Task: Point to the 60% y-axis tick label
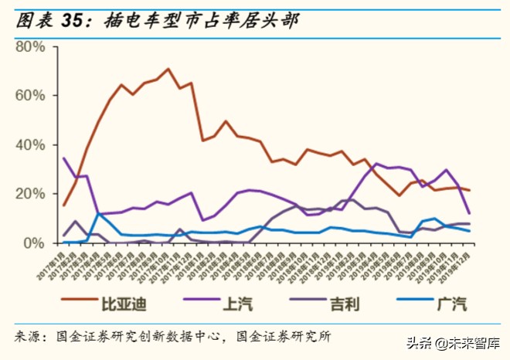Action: [30, 96]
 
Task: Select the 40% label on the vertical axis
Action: [30, 145]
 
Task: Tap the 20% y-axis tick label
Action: [30, 194]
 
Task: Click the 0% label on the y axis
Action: [36, 243]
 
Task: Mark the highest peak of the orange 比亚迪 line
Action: [168, 70]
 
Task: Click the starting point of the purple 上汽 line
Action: [63, 158]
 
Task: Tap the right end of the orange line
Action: [491, 191]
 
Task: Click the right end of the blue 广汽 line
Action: [491, 231]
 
